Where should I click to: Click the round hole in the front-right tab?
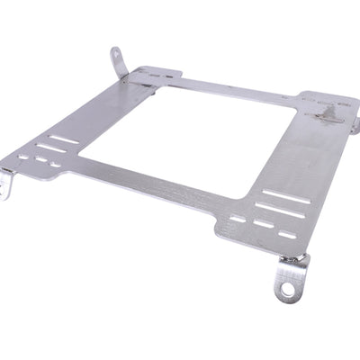pyautogui.click(x=287, y=290)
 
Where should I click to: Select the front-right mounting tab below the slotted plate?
pyautogui.click(x=287, y=284)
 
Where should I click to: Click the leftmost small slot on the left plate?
pyautogui.click(x=23, y=158)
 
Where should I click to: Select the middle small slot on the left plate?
pyautogui.click(x=40, y=162)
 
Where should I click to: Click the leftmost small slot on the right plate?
pyautogui.click(x=238, y=217)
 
